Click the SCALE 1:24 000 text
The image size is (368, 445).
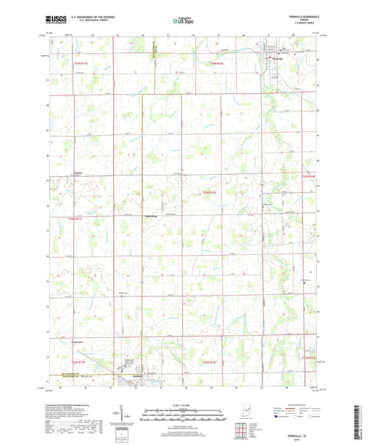pyautogui.click(x=184, y=404)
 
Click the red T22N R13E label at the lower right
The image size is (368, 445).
pyautogui.click(x=309, y=357)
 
